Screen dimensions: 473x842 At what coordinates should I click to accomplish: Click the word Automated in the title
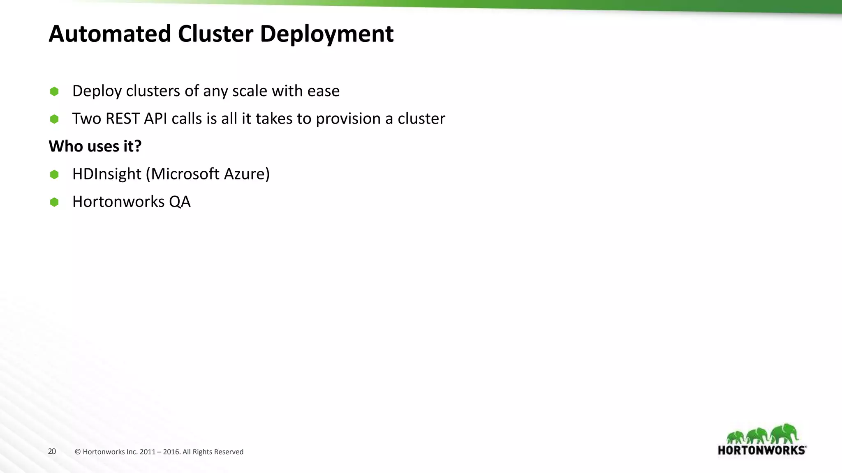click(110, 34)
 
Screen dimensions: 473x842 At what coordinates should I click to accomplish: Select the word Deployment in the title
click(327, 34)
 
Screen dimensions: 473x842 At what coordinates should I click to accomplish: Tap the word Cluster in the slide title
click(215, 34)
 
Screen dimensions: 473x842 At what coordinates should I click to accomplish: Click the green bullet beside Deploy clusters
click(54, 91)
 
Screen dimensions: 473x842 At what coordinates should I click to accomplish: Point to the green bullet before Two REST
click(54, 119)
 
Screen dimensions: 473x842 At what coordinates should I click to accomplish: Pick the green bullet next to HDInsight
click(54, 175)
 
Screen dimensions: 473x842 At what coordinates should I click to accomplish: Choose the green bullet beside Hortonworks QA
click(54, 202)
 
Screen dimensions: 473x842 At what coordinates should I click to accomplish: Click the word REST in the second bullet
click(123, 119)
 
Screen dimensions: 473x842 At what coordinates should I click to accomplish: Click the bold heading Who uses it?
click(95, 146)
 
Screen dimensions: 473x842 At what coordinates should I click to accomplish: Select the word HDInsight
click(106, 174)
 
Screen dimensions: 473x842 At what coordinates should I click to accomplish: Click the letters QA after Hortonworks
click(180, 202)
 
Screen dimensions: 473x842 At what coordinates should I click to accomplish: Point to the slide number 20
click(52, 452)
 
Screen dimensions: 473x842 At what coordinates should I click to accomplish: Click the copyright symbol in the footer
click(78, 452)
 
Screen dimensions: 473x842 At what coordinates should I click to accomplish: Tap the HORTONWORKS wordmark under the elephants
click(762, 450)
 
